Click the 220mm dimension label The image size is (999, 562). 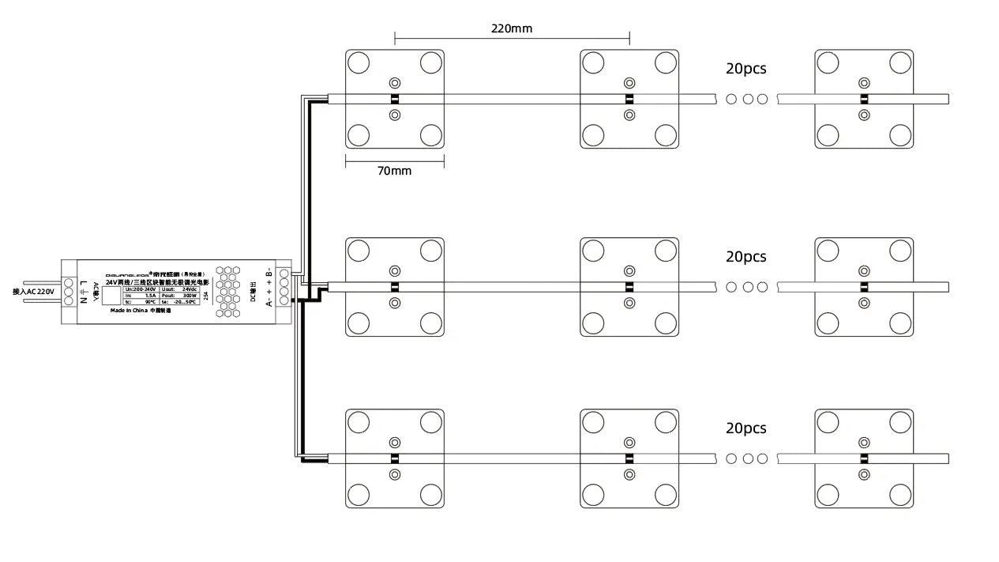point(512,28)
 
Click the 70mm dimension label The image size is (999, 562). point(394,170)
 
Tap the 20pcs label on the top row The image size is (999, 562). point(745,69)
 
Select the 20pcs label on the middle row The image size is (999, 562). point(745,257)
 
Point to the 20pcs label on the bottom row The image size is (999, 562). point(745,428)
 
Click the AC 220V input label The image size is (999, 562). point(33,292)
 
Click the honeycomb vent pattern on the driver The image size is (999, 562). point(228,292)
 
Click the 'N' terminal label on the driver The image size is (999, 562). point(83,300)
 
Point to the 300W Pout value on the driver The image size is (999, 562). point(190,296)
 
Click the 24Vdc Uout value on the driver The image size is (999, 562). point(190,289)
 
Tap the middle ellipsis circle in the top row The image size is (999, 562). point(746,99)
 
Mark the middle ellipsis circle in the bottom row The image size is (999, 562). point(746,458)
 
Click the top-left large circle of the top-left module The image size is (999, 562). point(358,62)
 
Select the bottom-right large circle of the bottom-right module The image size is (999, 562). point(900,495)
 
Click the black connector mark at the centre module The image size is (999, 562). point(629,287)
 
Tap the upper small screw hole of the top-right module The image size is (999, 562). point(864,82)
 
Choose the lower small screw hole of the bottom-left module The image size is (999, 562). point(394,474)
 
